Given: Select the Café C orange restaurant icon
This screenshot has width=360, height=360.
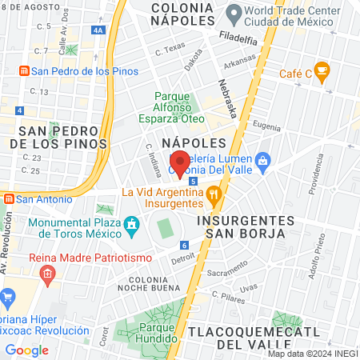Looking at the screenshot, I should [x=322, y=73].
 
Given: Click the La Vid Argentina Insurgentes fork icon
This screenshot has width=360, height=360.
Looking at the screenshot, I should [x=213, y=193].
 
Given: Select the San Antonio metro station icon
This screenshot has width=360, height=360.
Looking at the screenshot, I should [x=9, y=198].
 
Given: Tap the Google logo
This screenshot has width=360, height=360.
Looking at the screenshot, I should [x=27, y=350].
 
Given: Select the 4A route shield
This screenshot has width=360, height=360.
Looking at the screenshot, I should [x=98, y=30].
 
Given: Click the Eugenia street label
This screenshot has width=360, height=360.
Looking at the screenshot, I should [x=266, y=126].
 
